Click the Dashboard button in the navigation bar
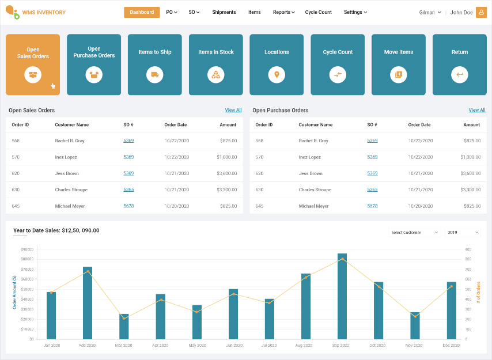[142, 12]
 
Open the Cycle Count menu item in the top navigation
[318, 12]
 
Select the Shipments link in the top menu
[224, 12]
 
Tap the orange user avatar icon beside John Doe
[481, 12]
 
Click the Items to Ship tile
[154, 65]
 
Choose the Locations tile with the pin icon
[277, 65]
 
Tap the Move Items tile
[399, 65]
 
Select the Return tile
[459, 65]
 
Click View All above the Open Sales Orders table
[233, 110]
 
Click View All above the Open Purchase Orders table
[476, 110]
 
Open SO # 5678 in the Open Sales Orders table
[128, 206]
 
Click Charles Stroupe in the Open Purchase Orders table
[315, 190]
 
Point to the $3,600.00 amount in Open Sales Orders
[226, 173]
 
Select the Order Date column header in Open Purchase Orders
[419, 124]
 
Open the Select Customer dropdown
[414, 232]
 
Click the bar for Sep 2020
[342, 296]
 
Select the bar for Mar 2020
[124, 326]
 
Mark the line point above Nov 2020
[415, 316]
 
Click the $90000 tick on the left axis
[28, 249]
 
